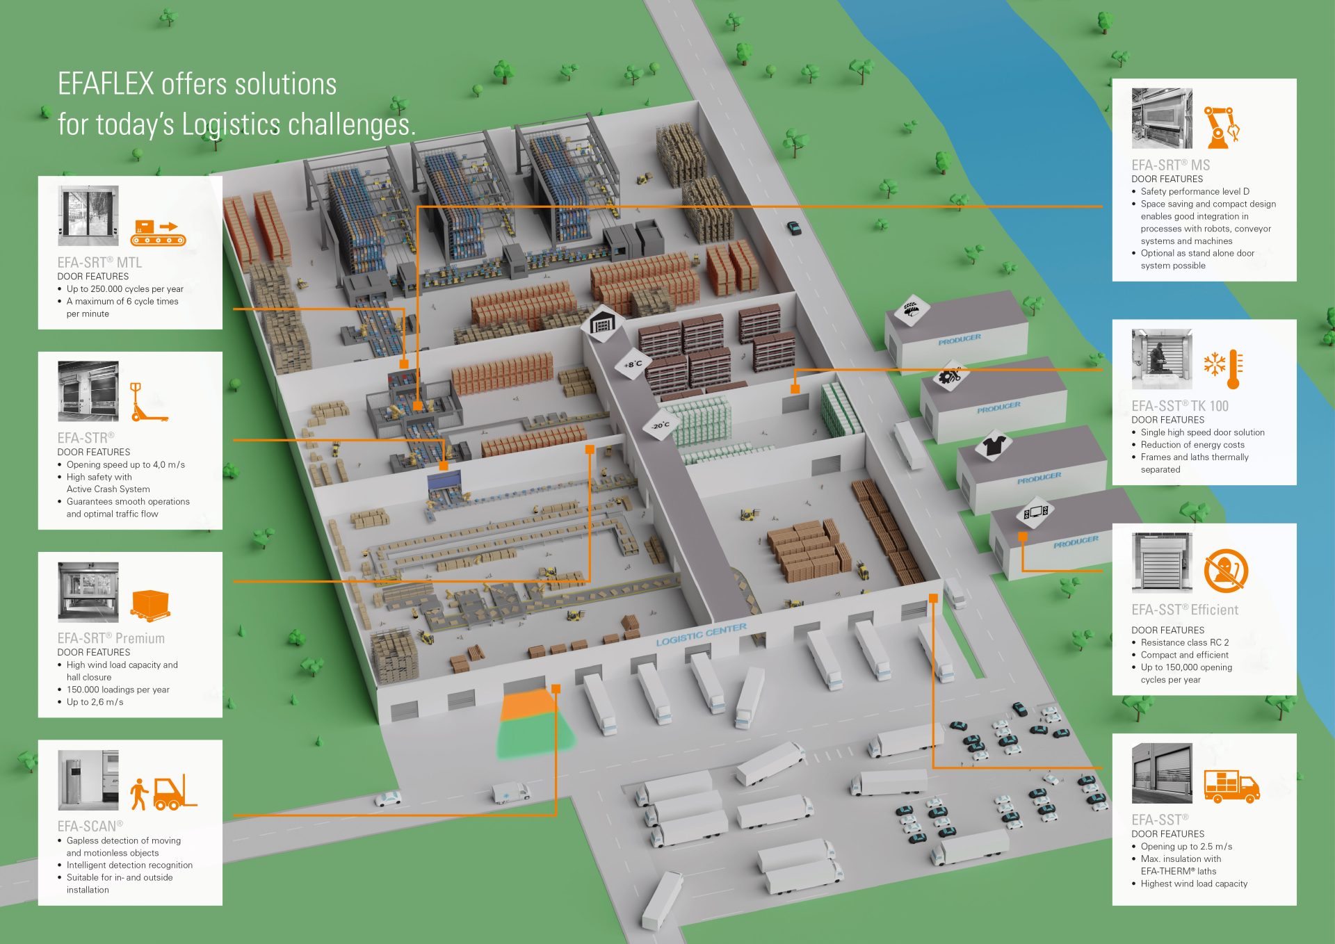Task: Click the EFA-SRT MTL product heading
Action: click(99, 262)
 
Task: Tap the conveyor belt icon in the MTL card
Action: click(159, 232)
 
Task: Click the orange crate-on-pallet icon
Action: click(150, 605)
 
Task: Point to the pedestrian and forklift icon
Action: click(164, 792)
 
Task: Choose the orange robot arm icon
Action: click(1222, 127)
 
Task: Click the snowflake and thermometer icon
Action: click(1223, 368)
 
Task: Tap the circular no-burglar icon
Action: click(1226, 570)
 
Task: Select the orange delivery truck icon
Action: click(1231, 786)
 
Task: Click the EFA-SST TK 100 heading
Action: click(1180, 406)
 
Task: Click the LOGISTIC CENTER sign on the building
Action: click(701, 634)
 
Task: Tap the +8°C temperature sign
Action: click(633, 364)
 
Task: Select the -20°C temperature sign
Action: click(660, 424)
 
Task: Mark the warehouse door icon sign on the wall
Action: click(603, 323)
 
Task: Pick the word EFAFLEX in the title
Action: click(106, 84)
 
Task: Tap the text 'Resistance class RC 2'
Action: click(1185, 642)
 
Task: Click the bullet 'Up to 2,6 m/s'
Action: click(95, 702)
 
